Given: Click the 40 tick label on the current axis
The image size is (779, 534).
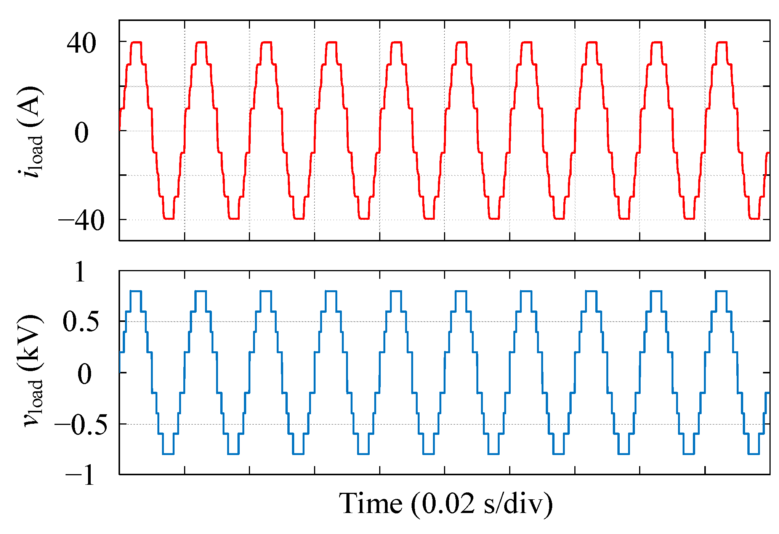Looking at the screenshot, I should (x=81, y=43).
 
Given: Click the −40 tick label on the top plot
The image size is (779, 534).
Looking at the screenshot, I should (x=81, y=221).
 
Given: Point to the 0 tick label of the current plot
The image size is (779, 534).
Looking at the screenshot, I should (x=81, y=133).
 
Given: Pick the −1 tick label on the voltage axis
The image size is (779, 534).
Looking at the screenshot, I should (x=80, y=476).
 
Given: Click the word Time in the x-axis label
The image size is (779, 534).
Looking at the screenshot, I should (x=370, y=503).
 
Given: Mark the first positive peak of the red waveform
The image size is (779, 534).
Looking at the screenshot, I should (x=136, y=42).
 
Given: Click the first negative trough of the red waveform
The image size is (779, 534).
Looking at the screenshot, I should (x=168, y=219).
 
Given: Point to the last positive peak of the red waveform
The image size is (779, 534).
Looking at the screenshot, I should (x=722, y=42).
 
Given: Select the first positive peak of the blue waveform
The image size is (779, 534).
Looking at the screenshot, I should (x=136, y=291).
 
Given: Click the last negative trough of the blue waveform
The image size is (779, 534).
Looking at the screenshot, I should (x=754, y=454).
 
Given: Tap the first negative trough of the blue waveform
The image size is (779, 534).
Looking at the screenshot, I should (x=168, y=454).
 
